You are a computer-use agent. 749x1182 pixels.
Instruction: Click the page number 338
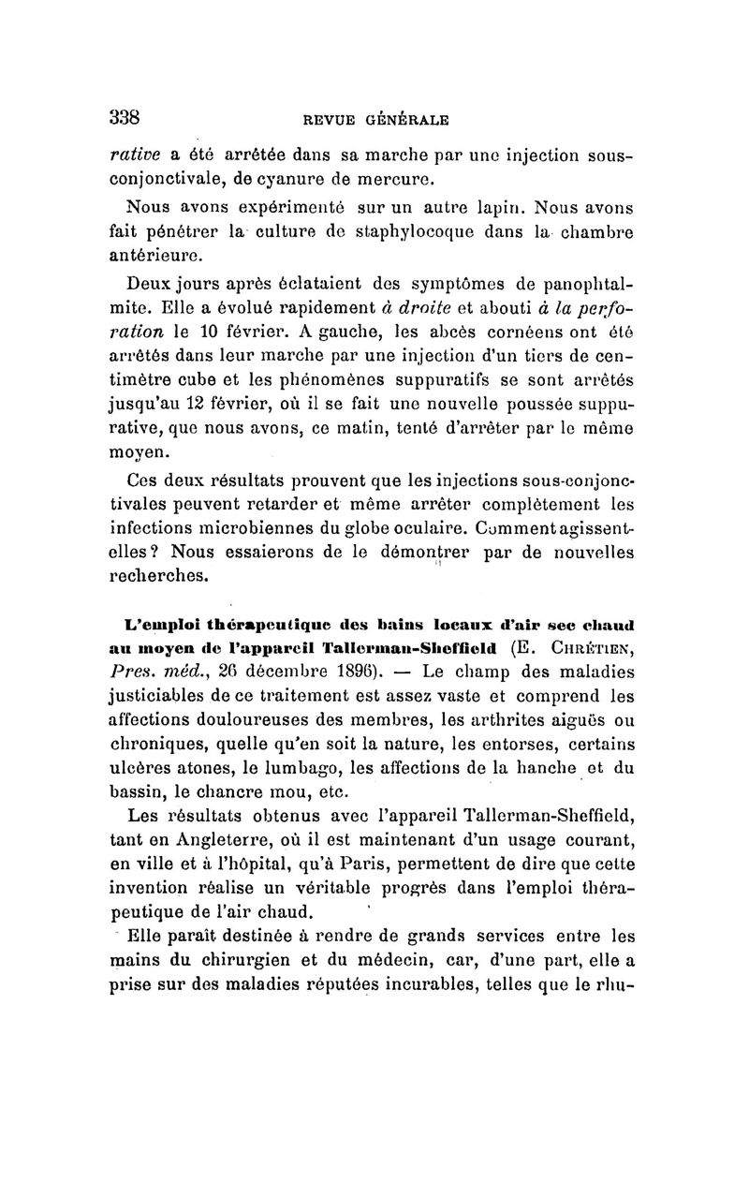124,118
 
